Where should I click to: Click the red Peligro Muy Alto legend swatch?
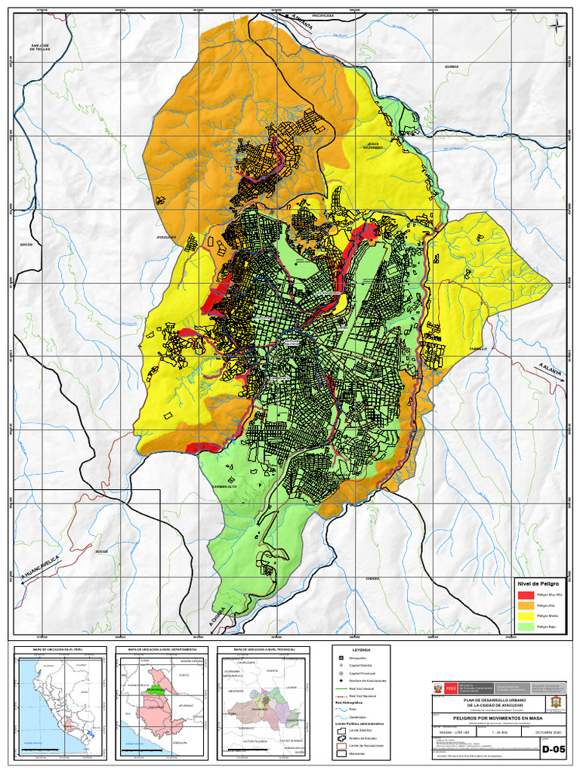click(526, 595)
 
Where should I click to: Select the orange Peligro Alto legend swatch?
click(526, 605)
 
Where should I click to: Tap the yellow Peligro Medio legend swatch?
click(526, 616)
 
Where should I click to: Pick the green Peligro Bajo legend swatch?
click(526, 627)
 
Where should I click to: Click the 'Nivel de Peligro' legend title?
click(538, 584)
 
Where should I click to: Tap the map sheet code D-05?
click(553, 750)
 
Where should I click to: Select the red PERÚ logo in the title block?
click(451, 688)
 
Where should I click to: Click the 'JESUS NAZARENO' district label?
click(372, 145)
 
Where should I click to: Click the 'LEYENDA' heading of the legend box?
click(361, 649)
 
